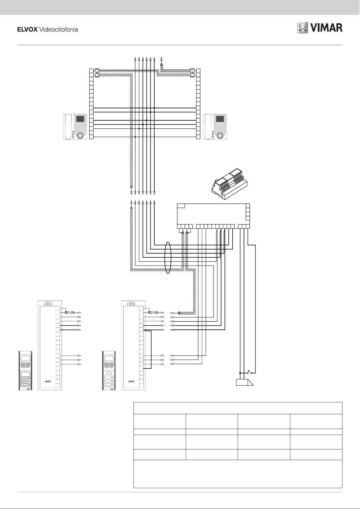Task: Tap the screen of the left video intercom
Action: coord(80,119)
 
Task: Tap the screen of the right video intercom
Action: coord(220,119)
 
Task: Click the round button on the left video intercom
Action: coord(80,136)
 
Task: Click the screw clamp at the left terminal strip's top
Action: coord(97,72)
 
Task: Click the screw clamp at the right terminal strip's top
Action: coord(193,72)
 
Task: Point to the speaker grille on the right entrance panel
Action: coord(109,366)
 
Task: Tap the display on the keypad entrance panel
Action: coord(25,374)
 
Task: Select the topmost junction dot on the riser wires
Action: coord(154,108)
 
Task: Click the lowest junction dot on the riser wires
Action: coord(135,137)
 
